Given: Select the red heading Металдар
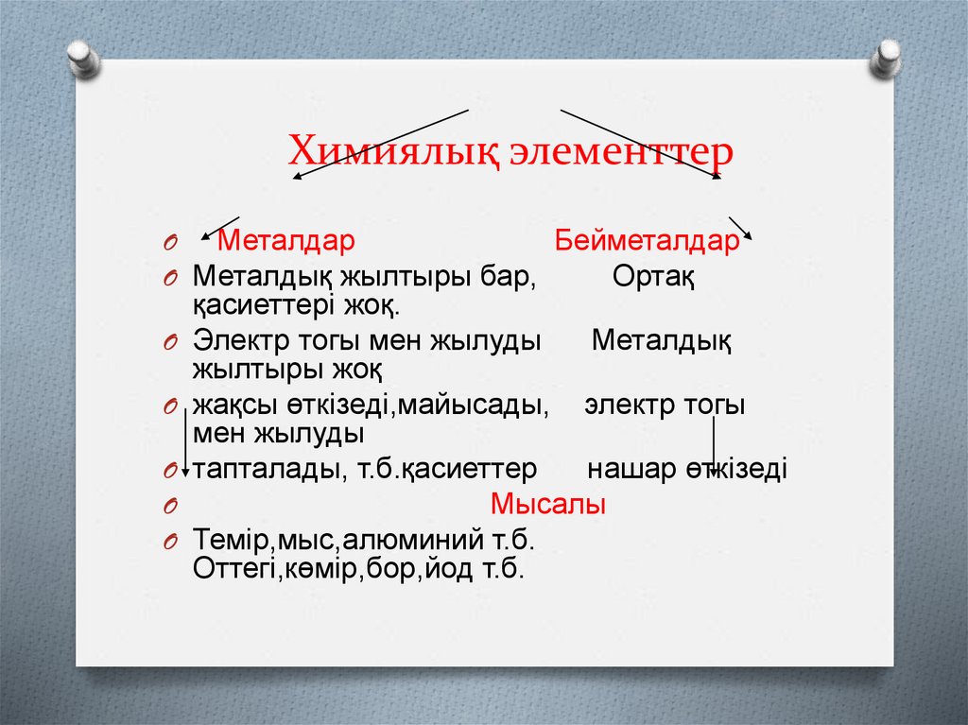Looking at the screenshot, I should [x=286, y=242].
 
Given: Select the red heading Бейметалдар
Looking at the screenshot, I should [x=647, y=242].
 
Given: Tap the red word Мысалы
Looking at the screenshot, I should [x=548, y=506].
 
